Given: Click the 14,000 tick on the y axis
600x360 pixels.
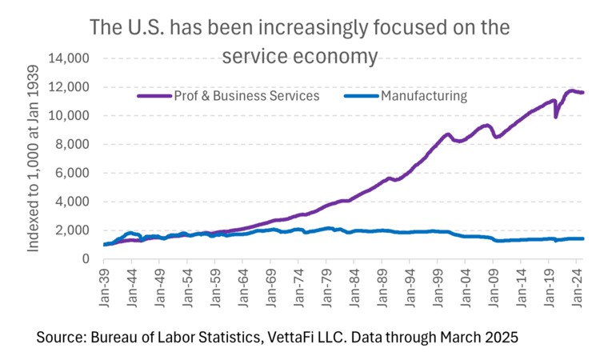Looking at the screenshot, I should tap(70, 58).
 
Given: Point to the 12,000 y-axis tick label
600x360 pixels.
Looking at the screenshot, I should tap(70, 87).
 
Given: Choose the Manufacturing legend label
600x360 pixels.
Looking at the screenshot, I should tap(424, 96).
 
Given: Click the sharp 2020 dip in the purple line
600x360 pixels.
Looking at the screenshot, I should tap(556, 117).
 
